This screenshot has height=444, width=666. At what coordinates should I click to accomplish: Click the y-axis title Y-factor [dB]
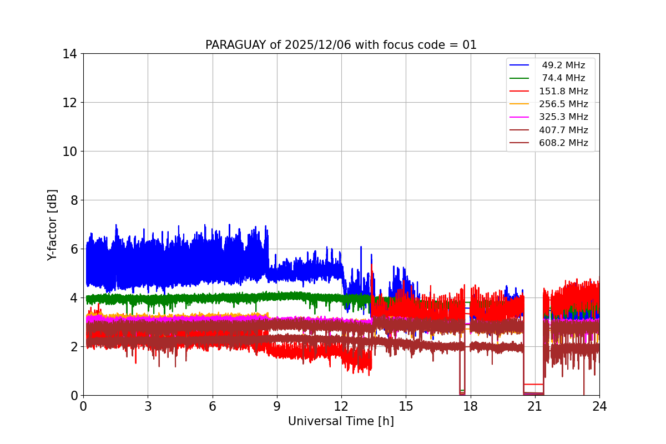[52, 225]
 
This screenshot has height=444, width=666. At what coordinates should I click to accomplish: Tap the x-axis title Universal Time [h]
[341, 421]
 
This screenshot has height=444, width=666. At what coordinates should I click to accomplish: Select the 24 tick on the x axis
[599, 406]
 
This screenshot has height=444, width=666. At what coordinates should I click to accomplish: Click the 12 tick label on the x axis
[341, 406]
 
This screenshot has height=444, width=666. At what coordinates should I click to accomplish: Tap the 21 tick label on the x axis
[535, 406]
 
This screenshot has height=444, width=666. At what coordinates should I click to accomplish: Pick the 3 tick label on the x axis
[148, 406]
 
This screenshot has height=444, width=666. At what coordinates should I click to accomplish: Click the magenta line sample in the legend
[519, 117]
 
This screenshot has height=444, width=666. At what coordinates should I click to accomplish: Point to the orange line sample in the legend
[519, 104]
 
